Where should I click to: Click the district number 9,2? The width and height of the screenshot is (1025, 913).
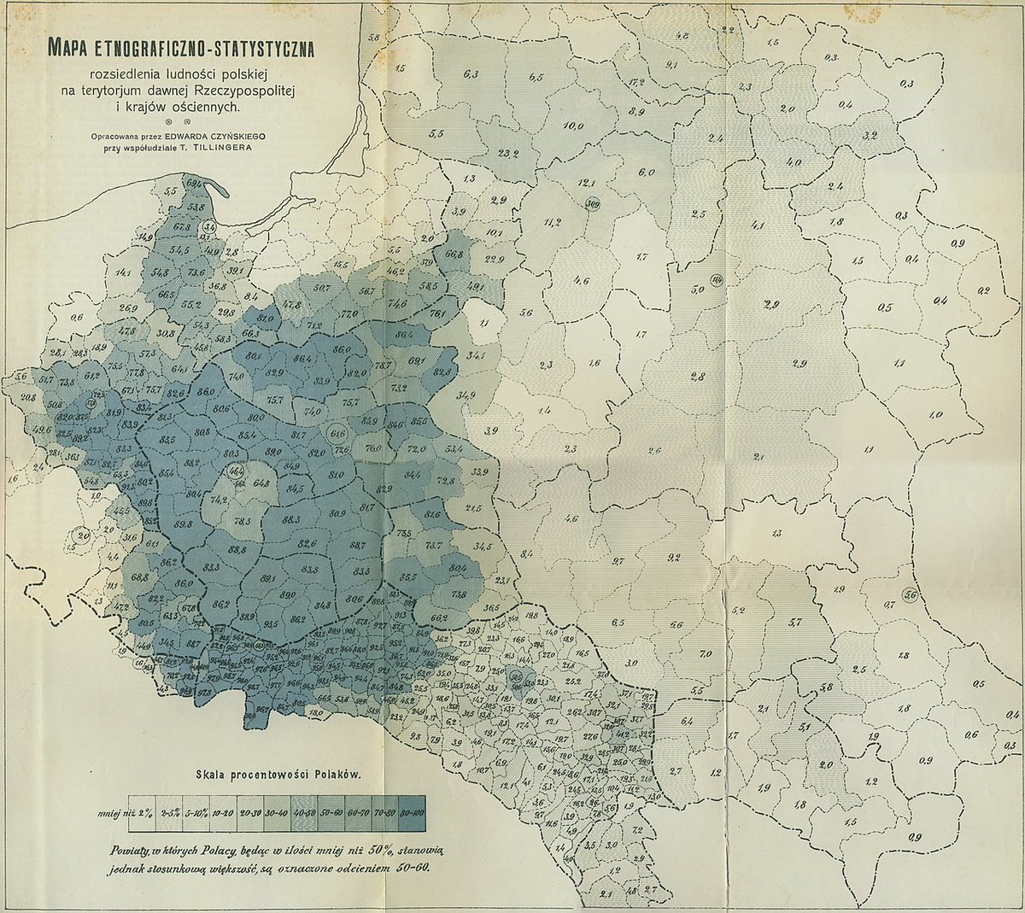click(x=673, y=559)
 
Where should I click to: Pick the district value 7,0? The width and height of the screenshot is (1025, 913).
click(x=705, y=653)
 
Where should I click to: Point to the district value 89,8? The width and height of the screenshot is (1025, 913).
click(x=181, y=524)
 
